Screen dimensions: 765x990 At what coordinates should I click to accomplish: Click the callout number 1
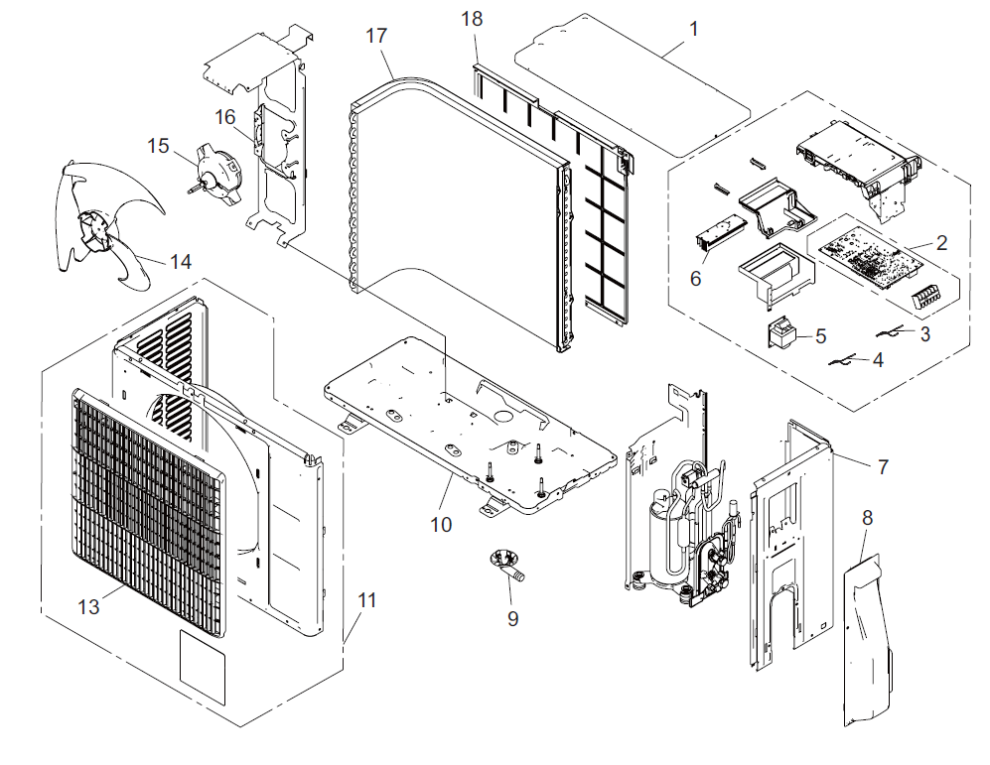692,29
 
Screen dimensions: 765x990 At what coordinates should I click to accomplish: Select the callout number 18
473,20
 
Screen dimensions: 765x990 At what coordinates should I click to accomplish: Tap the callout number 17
375,36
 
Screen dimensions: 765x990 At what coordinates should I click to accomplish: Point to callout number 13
89,606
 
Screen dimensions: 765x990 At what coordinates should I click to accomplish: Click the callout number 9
512,617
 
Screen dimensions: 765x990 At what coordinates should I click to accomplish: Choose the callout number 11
368,600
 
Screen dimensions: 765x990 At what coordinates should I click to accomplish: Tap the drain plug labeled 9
509,566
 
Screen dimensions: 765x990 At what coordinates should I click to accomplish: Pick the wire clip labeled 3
892,331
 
